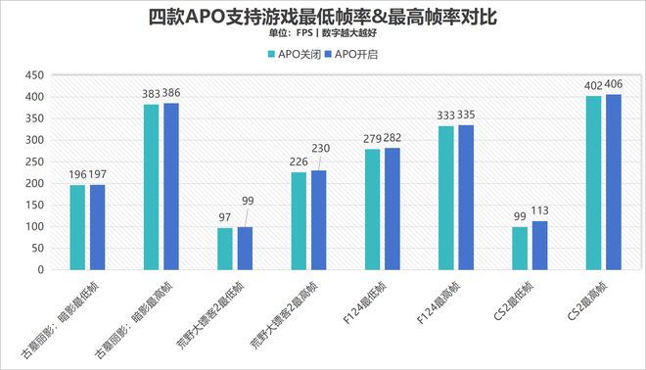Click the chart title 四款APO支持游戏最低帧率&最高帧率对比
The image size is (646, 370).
(322, 17)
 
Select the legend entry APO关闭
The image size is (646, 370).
(296, 54)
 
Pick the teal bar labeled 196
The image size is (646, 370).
(77, 227)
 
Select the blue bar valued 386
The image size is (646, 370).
(170, 186)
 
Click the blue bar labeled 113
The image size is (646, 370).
(538, 245)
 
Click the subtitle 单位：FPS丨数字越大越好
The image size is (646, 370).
(322, 32)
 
